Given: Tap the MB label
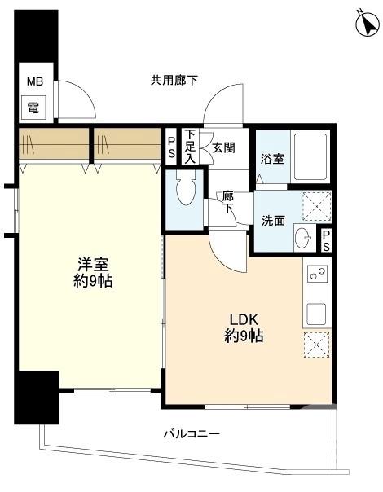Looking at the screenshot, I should tap(33, 82).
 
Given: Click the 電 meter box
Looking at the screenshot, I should tap(33, 105).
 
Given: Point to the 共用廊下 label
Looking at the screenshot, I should tap(174, 80).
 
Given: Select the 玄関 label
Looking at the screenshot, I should tap(223, 148).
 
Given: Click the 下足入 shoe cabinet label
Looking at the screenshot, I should tap(190, 146).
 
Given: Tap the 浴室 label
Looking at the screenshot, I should tap(272, 158).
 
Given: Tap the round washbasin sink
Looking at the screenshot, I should tap(302, 239).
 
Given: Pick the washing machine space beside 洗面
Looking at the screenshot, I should tap(317, 206).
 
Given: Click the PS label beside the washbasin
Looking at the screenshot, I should tap(326, 239).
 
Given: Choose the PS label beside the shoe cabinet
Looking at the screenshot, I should tap(171, 146).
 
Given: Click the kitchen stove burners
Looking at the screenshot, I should tap(318, 275).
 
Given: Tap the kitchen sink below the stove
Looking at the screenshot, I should tap(318, 313).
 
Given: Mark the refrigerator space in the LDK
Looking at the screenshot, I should tap(318, 345).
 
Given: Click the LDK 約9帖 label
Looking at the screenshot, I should tap(244, 327).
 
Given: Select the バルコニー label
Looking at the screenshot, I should tap(191, 434).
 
